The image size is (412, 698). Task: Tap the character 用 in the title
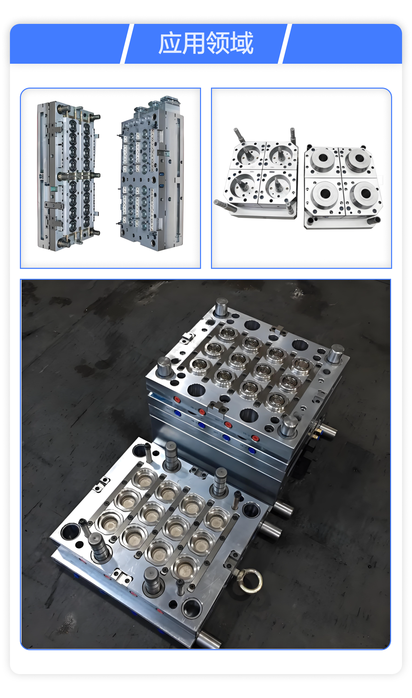tap(194, 43)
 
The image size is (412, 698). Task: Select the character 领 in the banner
tap(218, 43)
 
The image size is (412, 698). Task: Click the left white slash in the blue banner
tap(127, 43)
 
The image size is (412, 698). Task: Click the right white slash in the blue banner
tap(285, 43)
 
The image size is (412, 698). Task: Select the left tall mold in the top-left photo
tap(69, 176)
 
